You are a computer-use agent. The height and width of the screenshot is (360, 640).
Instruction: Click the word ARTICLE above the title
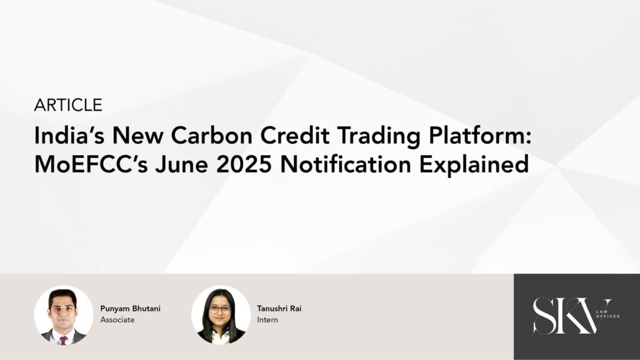[68, 105]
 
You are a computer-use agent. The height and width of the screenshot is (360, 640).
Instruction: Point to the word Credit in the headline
[295, 135]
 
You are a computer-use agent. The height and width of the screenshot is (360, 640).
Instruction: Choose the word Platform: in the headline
[480, 135]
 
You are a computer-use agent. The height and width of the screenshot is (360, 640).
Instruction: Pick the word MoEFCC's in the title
[91, 165]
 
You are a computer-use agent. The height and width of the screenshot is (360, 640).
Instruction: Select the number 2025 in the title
[244, 165]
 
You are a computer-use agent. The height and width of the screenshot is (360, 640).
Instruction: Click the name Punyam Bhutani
[131, 309]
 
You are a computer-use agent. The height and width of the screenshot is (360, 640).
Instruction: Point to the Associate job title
[117, 320]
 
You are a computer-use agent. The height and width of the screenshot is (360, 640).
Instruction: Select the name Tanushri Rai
[279, 308]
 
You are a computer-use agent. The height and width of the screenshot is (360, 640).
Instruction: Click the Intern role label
[267, 320]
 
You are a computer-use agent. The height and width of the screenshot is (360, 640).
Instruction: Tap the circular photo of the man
[64, 315]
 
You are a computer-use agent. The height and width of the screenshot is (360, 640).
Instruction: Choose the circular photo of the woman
[221, 315]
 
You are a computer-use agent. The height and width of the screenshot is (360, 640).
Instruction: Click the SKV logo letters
[572, 316]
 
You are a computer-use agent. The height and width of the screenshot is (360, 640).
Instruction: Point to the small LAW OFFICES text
[608, 314]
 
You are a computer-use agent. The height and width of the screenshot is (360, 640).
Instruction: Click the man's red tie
[64, 340]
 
